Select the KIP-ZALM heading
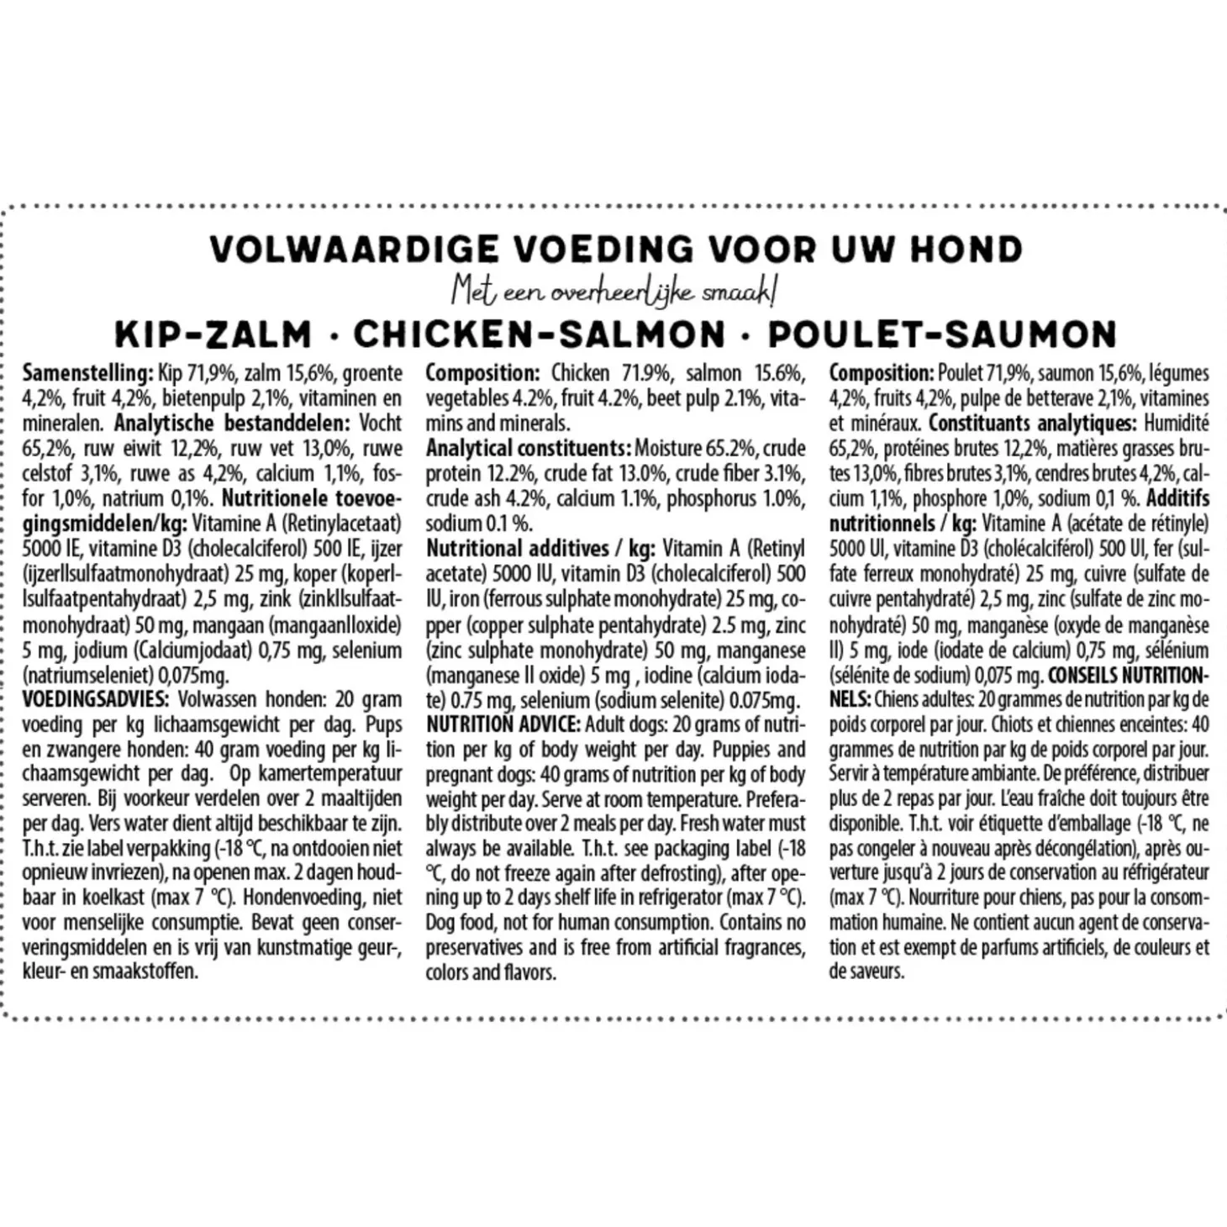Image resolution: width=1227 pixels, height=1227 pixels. click(213, 334)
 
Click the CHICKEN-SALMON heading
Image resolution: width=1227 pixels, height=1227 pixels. click(539, 334)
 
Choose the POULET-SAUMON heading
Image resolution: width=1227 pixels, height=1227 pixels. click(941, 334)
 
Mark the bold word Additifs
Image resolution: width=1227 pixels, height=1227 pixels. click(1177, 498)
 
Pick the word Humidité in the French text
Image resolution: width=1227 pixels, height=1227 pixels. click(1177, 424)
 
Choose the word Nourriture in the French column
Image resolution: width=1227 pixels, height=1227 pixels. click(950, 898)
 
